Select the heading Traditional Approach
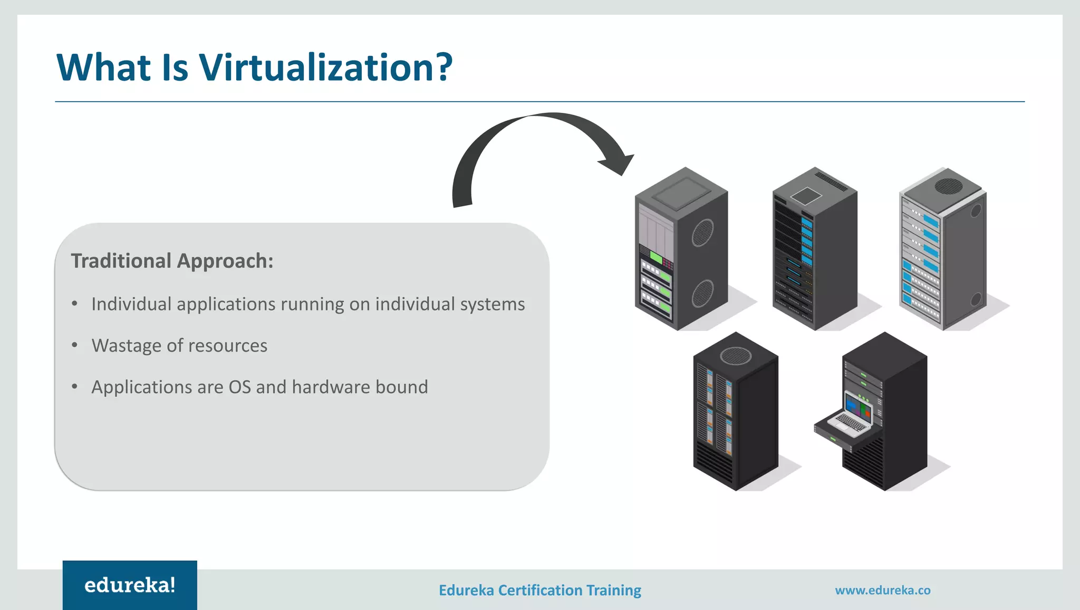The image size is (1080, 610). coord(172,261)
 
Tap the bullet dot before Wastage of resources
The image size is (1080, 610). coord(75,345)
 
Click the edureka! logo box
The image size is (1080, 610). coord(130,585)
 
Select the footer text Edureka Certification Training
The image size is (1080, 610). coord(540,590)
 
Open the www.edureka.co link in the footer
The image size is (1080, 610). coord(883,590)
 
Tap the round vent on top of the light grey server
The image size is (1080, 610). coord(948,186)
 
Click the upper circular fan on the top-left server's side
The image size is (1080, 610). coord(702,233)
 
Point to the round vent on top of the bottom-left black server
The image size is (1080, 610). coord(736,356)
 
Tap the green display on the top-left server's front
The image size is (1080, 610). coord(656,257)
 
